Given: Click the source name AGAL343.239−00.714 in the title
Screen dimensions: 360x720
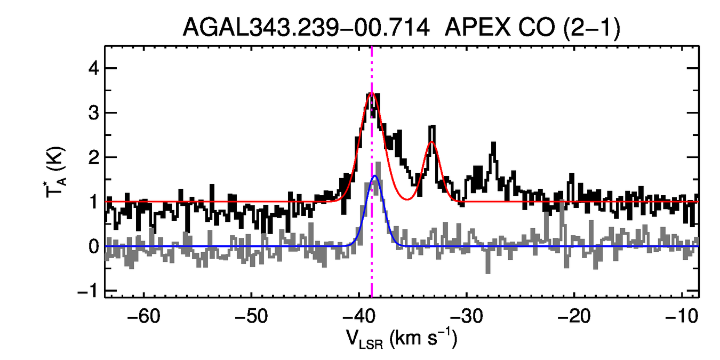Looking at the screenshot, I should point(306,28).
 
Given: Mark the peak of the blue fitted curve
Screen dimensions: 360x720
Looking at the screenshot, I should point(375,175).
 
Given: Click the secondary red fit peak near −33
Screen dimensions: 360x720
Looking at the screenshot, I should point(432,141).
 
